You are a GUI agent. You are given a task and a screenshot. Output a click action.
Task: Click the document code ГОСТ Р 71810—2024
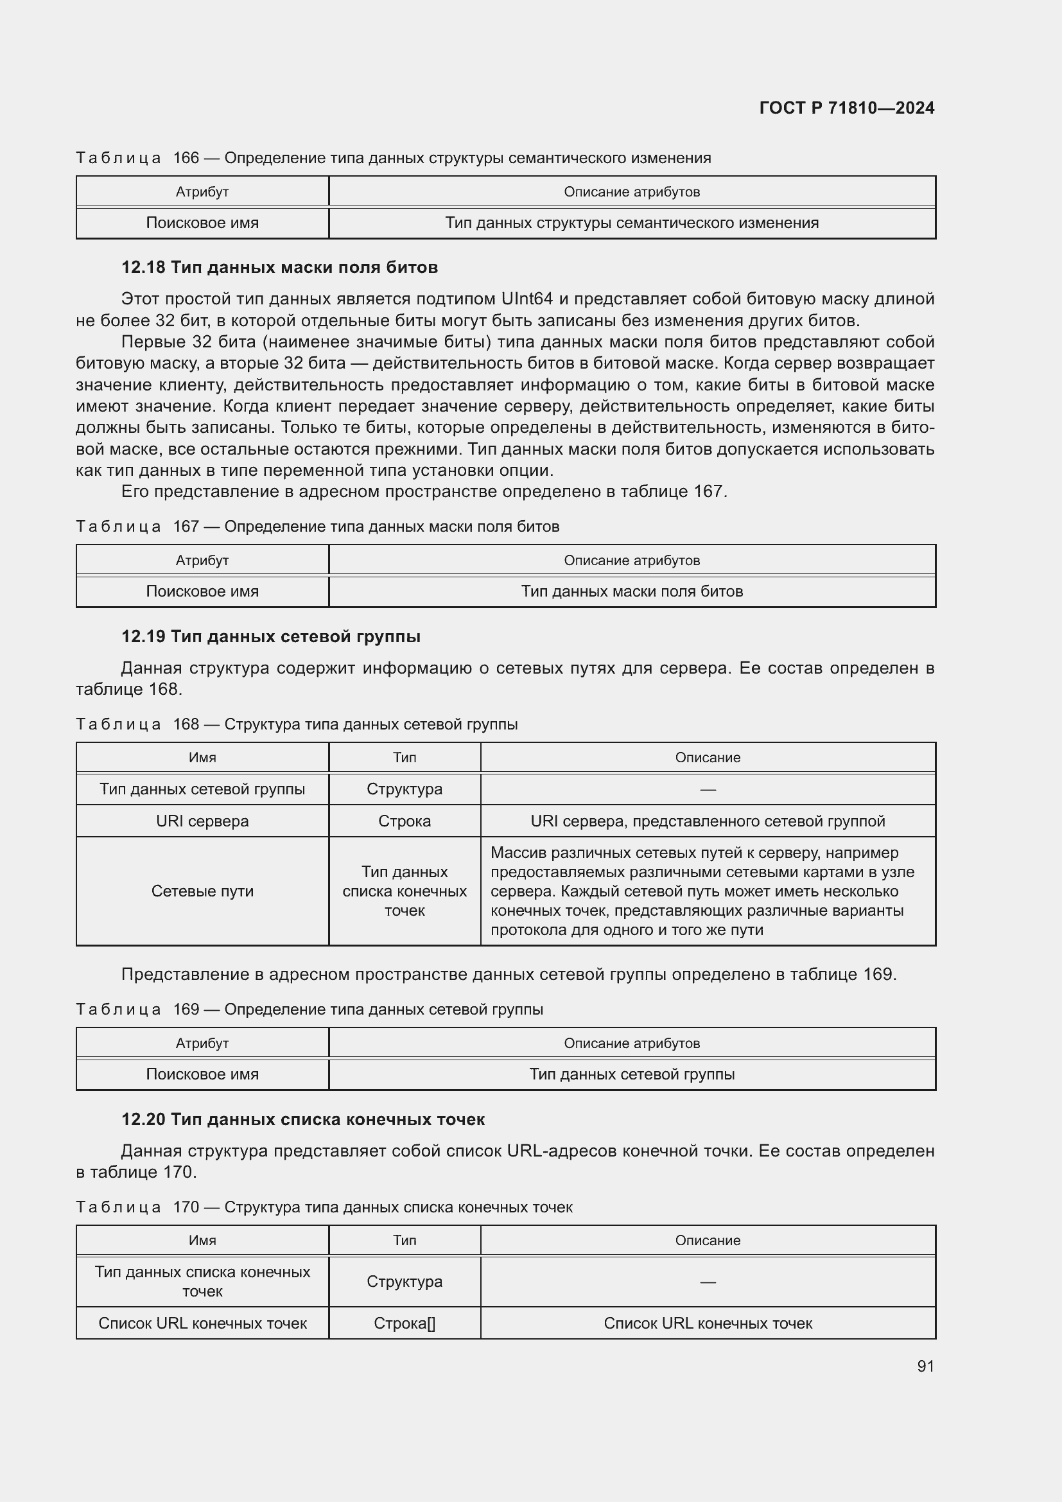(846, 108)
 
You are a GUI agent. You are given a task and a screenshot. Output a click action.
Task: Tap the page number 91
(925, 1366)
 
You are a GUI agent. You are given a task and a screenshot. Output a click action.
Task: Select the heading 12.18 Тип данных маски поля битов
(279, 267)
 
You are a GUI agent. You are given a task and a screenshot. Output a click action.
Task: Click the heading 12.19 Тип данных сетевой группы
(271, 636)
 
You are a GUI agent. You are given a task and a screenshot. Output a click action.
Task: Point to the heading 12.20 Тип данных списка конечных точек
(303, 1119)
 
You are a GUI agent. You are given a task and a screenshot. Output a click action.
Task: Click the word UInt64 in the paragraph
(527, 299)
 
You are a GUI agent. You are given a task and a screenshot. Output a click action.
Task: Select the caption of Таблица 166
(393, 158)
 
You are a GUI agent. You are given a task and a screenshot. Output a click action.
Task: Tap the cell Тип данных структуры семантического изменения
(632, 222)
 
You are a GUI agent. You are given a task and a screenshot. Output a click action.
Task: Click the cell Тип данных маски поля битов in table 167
(632, 591)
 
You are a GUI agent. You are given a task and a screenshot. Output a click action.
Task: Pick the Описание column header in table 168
(708, 758)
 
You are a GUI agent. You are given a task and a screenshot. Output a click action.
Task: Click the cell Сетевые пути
(202, 891)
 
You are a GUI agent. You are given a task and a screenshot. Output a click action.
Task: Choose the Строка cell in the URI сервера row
(404, 821)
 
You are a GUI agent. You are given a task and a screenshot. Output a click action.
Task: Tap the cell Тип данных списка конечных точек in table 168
(404, 891)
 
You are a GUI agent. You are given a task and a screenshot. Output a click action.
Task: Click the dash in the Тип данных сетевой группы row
(708, 790)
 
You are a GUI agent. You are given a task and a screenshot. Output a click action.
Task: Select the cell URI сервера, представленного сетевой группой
(708, 821)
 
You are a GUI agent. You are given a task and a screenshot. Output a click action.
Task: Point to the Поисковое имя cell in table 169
(202, 1074)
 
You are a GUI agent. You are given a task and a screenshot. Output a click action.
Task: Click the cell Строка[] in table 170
(404, 1323)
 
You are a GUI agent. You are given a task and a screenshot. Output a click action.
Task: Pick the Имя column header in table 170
(202, 1241)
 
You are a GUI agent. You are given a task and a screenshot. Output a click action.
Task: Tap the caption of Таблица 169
(309, 1009)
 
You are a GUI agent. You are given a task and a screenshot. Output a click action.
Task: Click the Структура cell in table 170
(404, 1282)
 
